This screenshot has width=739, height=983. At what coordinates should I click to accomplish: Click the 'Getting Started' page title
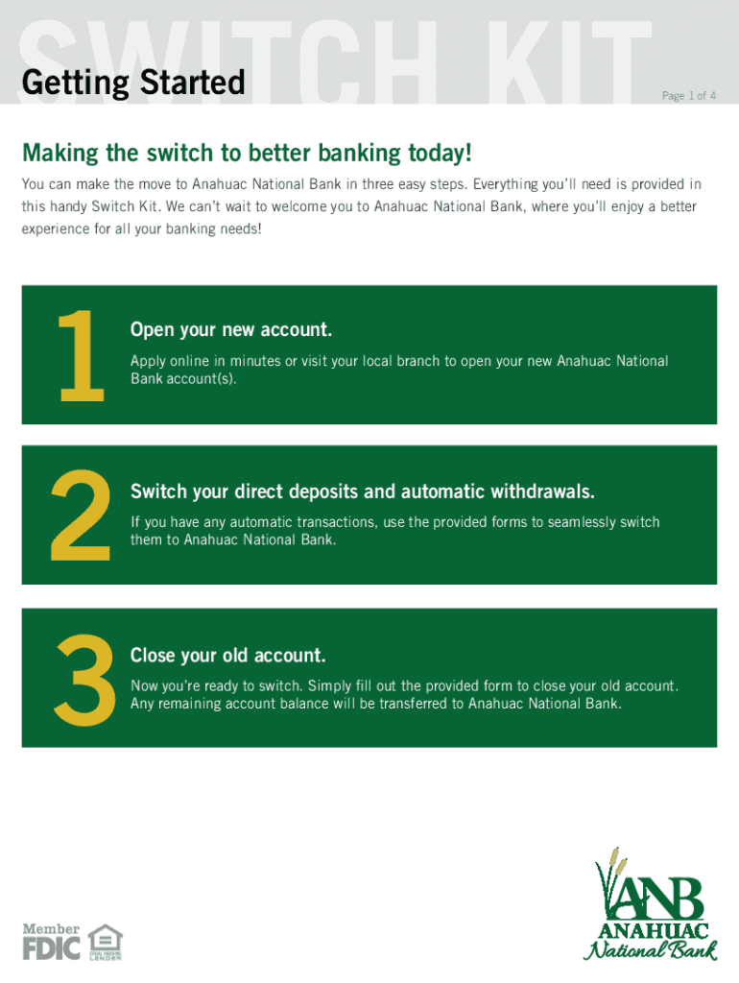coord(132,83)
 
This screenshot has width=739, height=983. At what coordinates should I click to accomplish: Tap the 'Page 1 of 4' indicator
coord(689,95)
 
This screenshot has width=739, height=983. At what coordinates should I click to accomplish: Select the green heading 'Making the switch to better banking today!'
coord(247,153)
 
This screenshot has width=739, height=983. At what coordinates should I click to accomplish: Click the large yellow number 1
coord(81,355)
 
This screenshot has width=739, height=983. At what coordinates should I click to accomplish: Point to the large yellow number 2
coord(81,515)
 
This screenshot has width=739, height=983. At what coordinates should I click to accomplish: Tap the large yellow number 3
coord(84,679)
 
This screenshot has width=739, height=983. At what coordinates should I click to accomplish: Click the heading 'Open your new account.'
coord(230,330)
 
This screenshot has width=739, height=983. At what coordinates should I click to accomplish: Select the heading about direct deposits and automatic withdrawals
coord(362,491)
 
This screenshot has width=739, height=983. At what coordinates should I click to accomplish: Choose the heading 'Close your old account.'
coord(228,655)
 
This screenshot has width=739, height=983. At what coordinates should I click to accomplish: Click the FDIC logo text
coord(52,948)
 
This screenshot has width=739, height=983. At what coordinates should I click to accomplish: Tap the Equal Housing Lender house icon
coord(106,942)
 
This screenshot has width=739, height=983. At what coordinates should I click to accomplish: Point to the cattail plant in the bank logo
coord(610,877)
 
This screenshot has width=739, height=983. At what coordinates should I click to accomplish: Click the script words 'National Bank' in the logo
coord(650,949)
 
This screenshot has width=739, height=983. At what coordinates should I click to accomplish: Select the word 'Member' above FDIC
coord(52,928)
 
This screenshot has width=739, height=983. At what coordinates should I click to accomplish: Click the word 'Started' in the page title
coord(193,83)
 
